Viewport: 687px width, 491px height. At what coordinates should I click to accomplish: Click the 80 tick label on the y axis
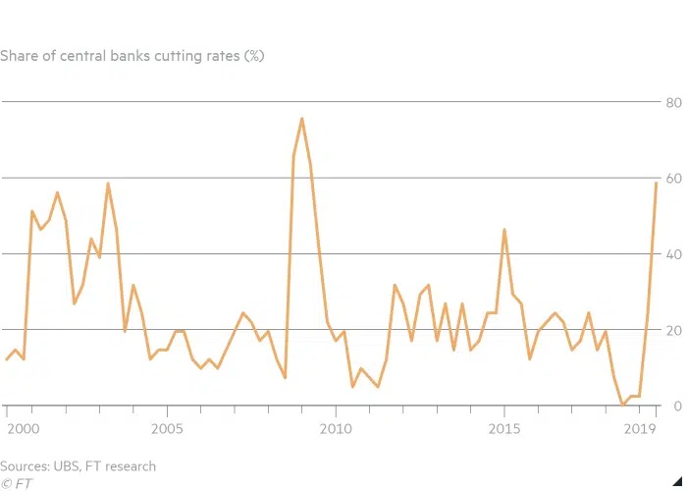coord(674,101)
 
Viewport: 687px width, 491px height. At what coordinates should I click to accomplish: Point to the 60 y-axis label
coord(674,177)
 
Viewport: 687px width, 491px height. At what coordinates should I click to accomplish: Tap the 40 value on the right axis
coord(674,253)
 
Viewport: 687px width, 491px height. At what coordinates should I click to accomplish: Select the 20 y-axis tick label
coord(674,329)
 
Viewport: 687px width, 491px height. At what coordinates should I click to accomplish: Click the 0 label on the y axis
coord(677,405)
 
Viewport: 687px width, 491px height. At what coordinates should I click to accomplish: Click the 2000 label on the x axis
coord(22,429)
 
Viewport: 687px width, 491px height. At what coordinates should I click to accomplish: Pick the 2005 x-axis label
coord(167,429)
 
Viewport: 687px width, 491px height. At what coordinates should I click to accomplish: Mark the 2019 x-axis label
coord(640,429)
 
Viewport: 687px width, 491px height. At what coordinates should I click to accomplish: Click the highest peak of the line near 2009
coord(301,119)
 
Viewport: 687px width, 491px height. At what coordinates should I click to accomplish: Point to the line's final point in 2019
coord(656,183)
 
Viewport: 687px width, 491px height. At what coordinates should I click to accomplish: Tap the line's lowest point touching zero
coord(623,405)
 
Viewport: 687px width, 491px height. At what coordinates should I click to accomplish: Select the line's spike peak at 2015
coord(504,230)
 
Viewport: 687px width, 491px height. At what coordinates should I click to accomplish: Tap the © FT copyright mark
coord(14,483)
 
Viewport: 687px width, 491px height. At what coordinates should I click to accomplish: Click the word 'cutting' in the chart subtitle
coord(166,56)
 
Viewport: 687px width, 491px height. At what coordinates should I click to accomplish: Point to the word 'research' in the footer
coord(127,466)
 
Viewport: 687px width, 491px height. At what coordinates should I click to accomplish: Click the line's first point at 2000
coord(7,359)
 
